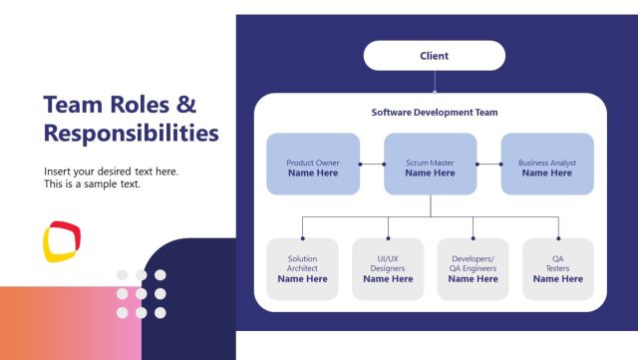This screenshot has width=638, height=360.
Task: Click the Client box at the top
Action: [435, 56]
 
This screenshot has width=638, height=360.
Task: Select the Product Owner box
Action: [313, 164]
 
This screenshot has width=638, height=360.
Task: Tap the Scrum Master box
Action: [431, 164]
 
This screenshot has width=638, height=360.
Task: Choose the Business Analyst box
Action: [546, 164]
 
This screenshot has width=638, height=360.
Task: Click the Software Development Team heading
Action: [435, 113]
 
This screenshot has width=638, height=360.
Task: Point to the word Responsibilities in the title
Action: [131, 132]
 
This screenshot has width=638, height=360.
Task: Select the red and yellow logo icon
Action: [62, 240]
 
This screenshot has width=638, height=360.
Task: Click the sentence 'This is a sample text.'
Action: [92, 183]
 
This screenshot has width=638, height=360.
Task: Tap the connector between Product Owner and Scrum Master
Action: [372, 164]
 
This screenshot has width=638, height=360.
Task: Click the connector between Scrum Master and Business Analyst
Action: [488, 164]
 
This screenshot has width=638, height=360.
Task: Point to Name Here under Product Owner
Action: [313, 173]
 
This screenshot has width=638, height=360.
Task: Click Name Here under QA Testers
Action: [558, 279]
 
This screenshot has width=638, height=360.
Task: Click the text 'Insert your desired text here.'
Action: [111, 171]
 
